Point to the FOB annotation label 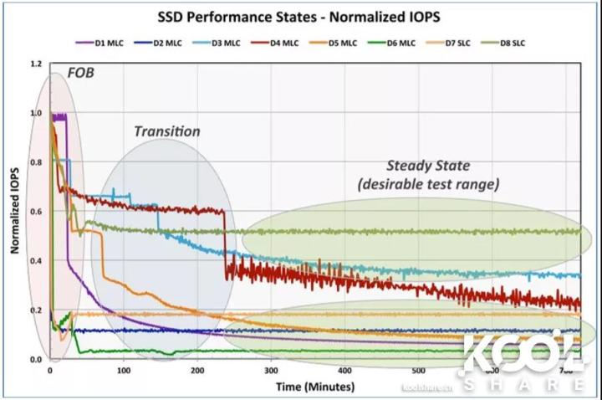pos(83,73)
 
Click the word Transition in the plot pos(167,131)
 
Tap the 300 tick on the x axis pos(271,371)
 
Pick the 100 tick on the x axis pos(124,371)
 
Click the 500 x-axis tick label pos(418,371)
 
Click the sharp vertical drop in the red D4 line pos(226,243)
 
